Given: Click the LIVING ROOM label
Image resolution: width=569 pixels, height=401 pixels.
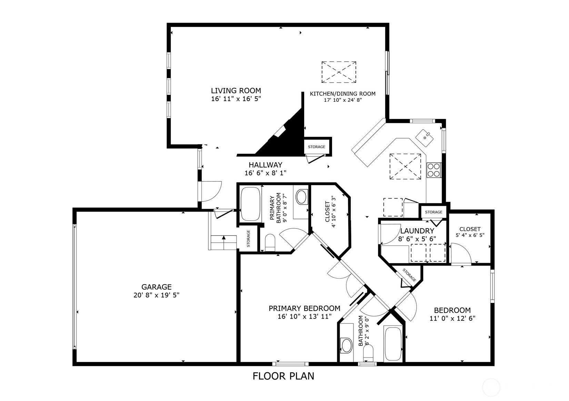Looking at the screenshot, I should tap(236, 91).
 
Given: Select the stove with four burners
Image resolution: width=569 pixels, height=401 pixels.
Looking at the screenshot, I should tap(434, 170).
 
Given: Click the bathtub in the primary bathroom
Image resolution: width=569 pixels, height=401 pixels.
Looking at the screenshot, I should tap(250, 204).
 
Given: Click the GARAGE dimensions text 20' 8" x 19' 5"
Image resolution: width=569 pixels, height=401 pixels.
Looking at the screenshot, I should tap(157, 295).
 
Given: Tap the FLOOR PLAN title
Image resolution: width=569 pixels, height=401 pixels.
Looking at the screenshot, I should tap(283, 376).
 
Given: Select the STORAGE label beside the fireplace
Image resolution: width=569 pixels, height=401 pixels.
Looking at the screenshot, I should tap(317, 147).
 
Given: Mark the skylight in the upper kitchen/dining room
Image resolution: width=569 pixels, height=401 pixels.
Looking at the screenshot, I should tap(339, 72).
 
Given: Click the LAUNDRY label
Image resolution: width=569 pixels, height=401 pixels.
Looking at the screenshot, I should tap(417, 231).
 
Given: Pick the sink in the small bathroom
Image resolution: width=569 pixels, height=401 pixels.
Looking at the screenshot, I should tap(346, 345).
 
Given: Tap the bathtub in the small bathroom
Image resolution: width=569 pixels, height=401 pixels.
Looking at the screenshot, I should tap(393, 343).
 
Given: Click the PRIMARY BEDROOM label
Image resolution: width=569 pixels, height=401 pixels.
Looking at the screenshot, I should tap(305, 308).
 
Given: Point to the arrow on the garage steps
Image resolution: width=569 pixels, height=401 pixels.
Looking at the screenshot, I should tap(224, 238).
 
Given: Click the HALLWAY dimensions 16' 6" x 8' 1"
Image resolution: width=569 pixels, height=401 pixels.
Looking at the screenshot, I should tap(266, 173).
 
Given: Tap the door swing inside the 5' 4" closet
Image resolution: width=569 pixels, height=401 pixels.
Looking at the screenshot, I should tap(460, 253).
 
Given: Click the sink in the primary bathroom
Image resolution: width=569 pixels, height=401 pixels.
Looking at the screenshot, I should tap(301, 197).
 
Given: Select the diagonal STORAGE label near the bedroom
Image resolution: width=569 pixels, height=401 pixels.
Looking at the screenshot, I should tap(409, 275).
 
